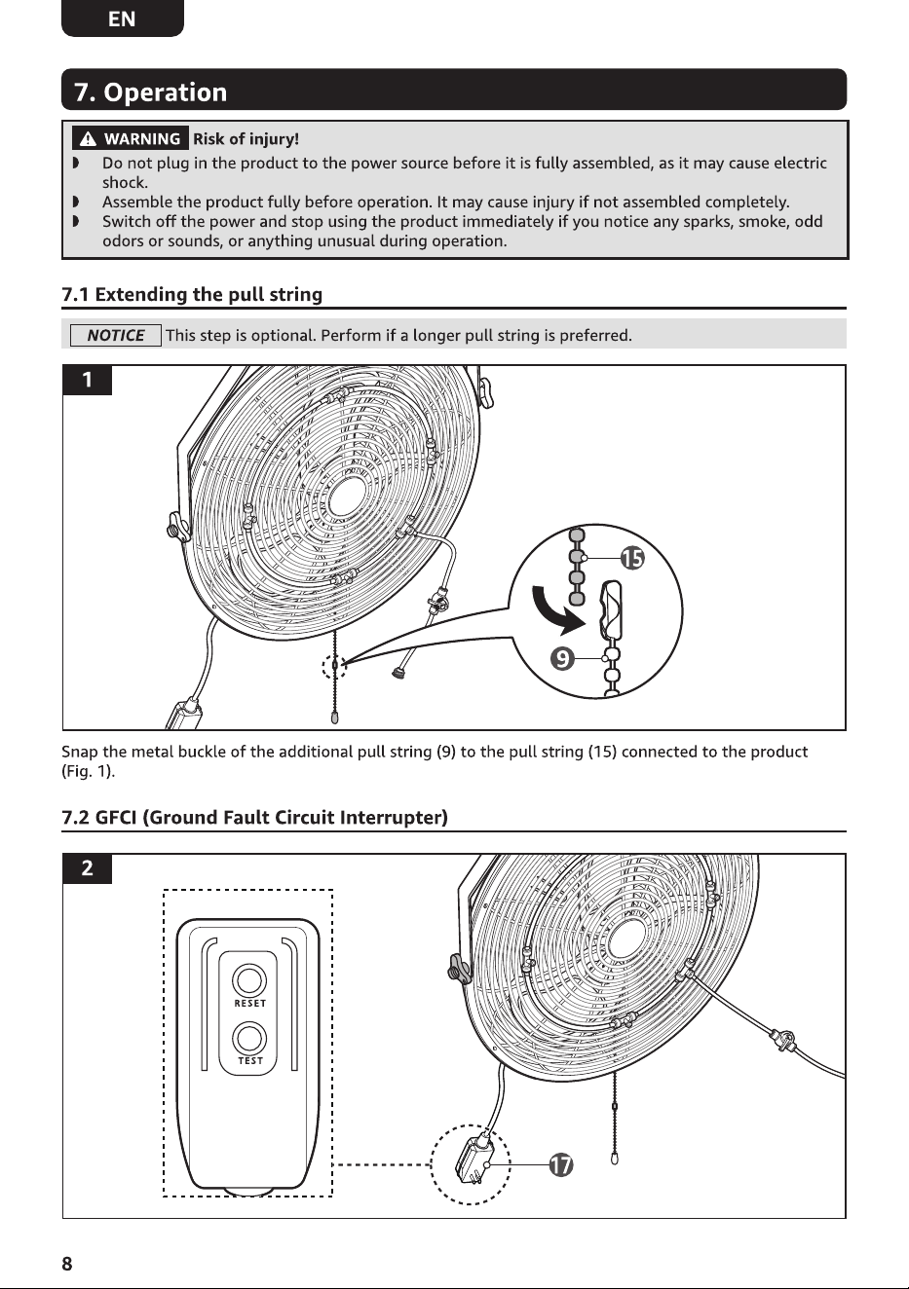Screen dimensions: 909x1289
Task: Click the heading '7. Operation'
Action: (x=151, y=92)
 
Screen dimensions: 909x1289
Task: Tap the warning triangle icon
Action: (x=88, y=138)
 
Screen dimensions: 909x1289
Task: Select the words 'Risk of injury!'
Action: (x=246, y=138)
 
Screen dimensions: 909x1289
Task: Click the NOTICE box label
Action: (x=115, y=336)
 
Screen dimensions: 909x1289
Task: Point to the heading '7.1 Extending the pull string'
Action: (x=192, y=295)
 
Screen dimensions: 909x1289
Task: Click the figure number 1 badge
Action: (x=87, y=380)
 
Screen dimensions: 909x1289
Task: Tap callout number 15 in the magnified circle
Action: (x=632, y=558)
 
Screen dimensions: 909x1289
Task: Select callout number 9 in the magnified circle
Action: (x=563, y=658)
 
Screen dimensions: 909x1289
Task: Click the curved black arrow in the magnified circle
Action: (x=553, y=612)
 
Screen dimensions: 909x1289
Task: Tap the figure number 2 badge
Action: (x=87, y=867)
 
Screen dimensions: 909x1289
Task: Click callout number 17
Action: (x=560, y=1164)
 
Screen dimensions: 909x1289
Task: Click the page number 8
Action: (x=67, y=1264)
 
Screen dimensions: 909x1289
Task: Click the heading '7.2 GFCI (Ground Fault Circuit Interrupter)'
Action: (x=254, y=817)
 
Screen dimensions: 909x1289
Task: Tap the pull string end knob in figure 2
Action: (x=614, y=1158)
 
